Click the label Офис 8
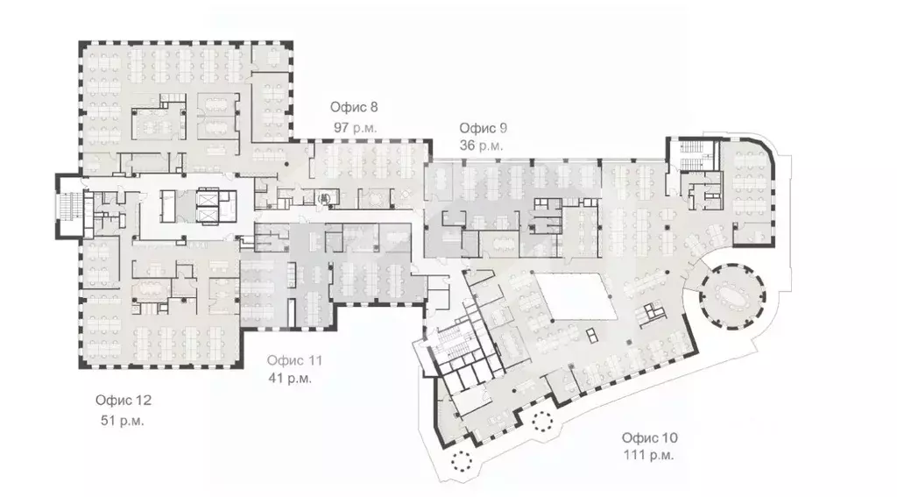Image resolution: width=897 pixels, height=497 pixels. [x=354, y=108]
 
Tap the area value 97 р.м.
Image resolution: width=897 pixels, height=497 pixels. [x=355, y=127]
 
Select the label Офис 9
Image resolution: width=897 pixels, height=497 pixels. [x=484, y=128]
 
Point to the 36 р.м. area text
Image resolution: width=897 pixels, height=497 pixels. [x=482, y=146]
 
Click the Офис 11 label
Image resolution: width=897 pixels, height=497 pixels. [x=295, y=360]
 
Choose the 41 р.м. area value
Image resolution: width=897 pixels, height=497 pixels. [x=290, y=379]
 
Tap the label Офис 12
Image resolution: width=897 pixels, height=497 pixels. [x=124, y=401]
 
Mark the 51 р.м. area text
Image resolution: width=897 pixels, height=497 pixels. [x=123, y=420]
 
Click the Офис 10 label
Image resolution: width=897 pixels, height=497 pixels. [x=650, y=437]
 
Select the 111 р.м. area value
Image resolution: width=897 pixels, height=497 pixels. [x=649, y=456]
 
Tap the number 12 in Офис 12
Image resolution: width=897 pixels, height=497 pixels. [x=144, y=401]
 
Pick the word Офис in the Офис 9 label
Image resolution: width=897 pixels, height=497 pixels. [x=476, y=128]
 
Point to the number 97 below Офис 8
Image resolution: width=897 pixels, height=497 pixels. [x=342, y=127]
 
